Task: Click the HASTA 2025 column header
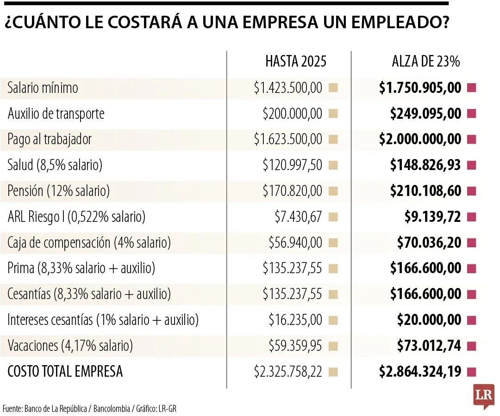pyautogui.click(x=295, y=61)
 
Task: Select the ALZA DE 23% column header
pyautogui.click(x=425, y=61)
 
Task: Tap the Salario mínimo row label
pyautogui.click(x=43, y=88)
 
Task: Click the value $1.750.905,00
pyautogui.click(x=420, y=88)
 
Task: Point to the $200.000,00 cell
pyautogui.click(x=292, y=114)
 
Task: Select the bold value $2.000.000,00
pyautogui.click(x=420, y=139)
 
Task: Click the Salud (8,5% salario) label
pyautogui.click(x=55, y=165)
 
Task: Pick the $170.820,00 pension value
pyautogui.click(x=292, y=191)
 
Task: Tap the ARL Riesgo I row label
pyautogui.click(x=76, y=217)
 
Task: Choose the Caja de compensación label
pyautogui.click(x=89, y=243)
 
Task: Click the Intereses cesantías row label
pyautogui.click(x=103, y=320)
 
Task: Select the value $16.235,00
pyautogui.click(x=295, y=320)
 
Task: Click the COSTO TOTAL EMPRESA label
pyautogui.click(x=65, y=371)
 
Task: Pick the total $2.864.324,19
pyautogui.click(x=420, y=371)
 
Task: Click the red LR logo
pyautogui.click(x=483, y=396)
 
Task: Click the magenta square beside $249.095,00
pyautogui.click(x=472, y=114)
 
